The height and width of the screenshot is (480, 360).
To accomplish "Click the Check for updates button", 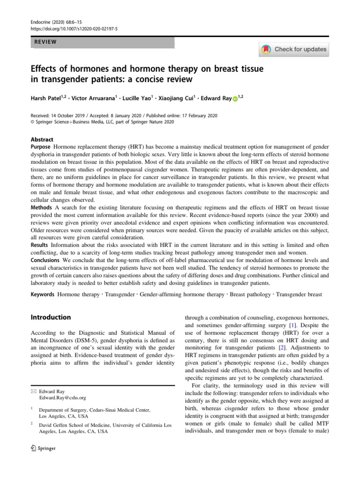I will (294, 49).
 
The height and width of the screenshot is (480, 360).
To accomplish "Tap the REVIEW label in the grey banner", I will (45, 42).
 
